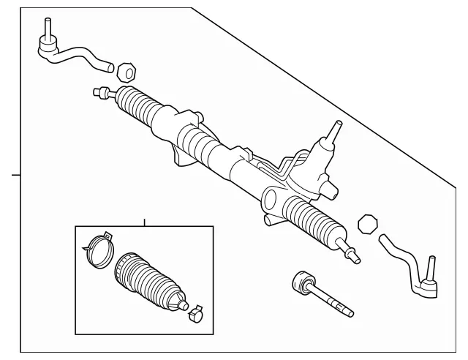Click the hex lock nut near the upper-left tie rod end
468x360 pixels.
(126, 72)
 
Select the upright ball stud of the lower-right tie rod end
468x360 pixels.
(431, 268)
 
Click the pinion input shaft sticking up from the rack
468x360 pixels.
(333, 134)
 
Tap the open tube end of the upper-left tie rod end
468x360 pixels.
(110, 67)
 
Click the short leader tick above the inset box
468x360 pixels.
(145, 222)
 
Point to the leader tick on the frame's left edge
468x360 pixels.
(15, 175)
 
